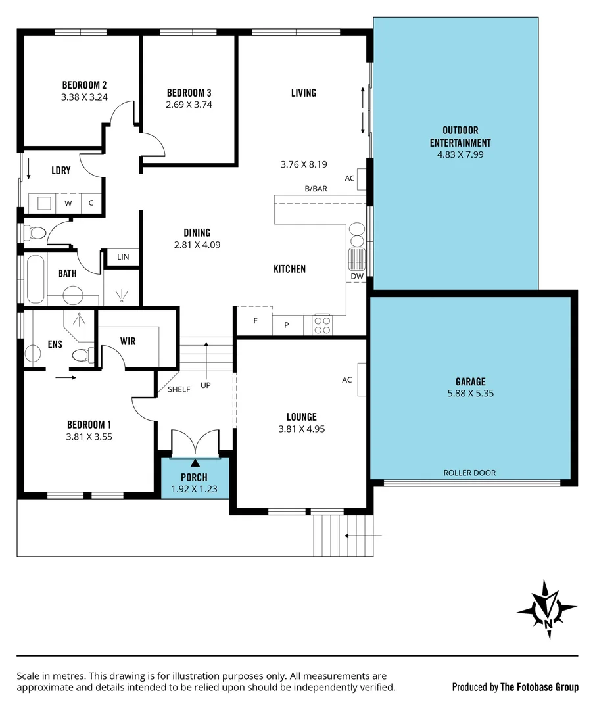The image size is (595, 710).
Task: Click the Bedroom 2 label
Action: (x=84, y=85)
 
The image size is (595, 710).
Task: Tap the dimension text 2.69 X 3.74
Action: (x=189, y=104)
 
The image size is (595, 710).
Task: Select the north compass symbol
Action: (x=547, y=610)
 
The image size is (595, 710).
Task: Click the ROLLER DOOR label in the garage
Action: (x=469, y=473)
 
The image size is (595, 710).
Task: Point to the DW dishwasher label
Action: (x=357, y=277)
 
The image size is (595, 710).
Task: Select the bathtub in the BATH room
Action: (x=35, y=279)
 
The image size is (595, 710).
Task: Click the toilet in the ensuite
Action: (x=82, y=356)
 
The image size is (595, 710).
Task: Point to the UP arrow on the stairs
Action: (x=206, y=362)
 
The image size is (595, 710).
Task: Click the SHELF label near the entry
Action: (x=179, y=389)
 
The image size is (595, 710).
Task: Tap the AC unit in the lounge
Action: (x=362, y=380)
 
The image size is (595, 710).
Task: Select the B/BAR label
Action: (x=316, y=189)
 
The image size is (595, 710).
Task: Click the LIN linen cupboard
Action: (x=123, y=257)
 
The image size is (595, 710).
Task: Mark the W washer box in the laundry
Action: (x=68, y=203)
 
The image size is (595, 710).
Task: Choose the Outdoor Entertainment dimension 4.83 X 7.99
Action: (x=460, y=154)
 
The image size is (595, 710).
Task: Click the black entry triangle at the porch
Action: (x=195, y=464)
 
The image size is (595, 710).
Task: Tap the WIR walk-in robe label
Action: (x=128, y=341)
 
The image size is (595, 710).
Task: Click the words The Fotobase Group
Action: (x=539, y=687)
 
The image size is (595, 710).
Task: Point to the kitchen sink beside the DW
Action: (x=356, y=258)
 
